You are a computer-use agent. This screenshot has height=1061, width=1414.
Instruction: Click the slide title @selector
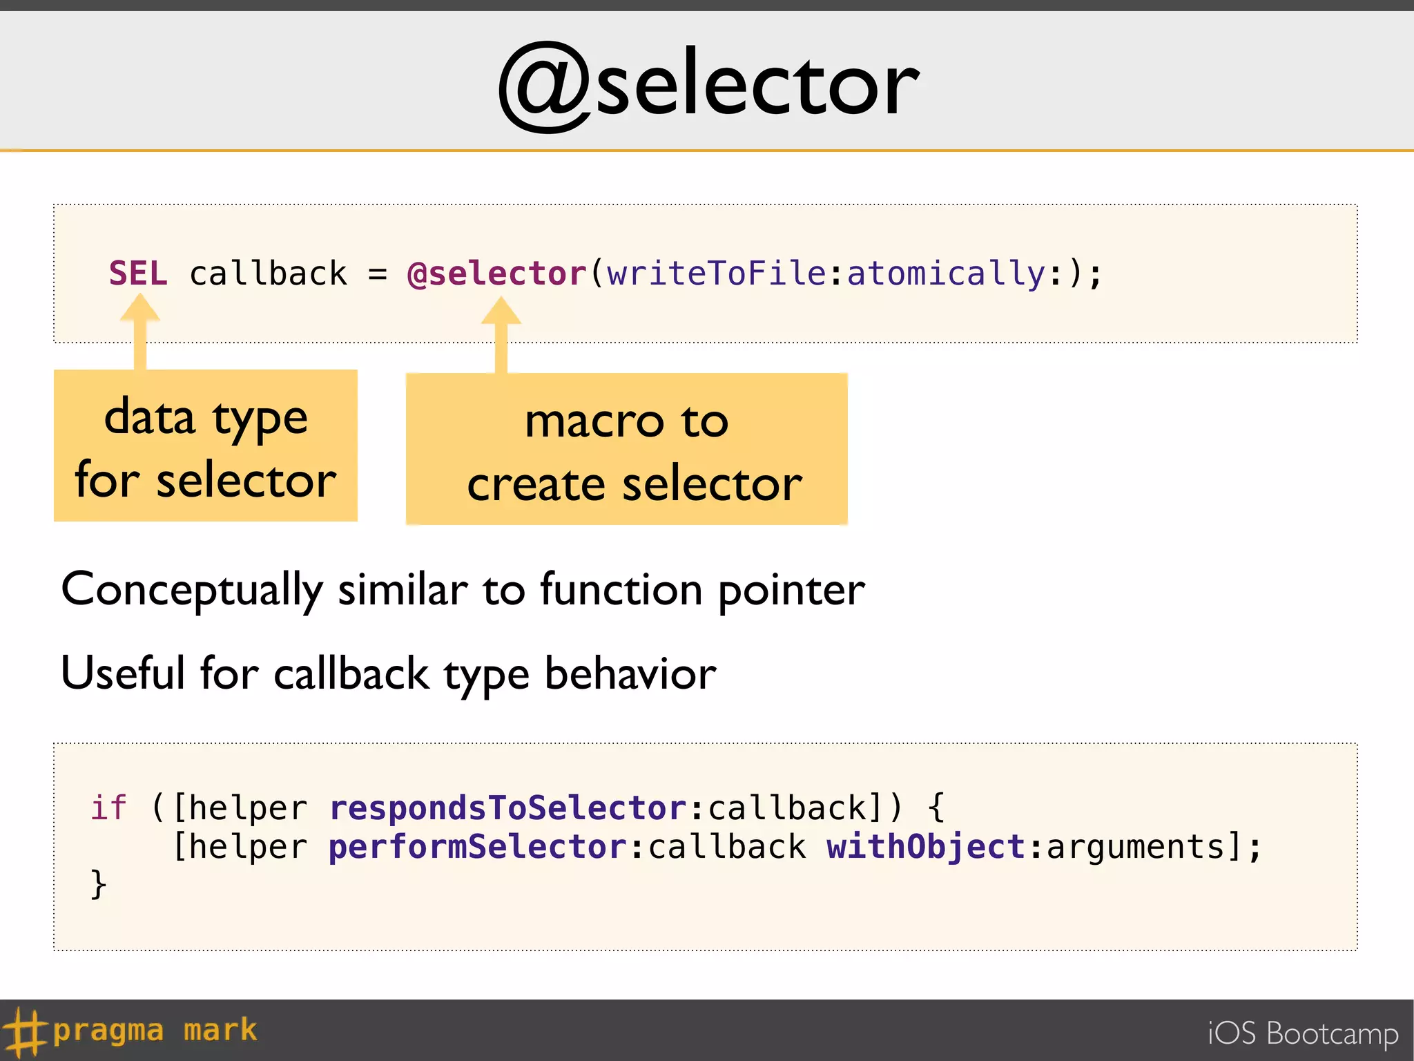(708, 86)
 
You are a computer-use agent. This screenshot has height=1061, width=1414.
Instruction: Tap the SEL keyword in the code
(138, 274)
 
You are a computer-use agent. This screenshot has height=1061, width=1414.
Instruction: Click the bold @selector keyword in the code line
(497, 274)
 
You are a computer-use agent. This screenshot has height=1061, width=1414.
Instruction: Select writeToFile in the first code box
(716, 274)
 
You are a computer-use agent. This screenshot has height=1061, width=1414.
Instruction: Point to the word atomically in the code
(946, 274)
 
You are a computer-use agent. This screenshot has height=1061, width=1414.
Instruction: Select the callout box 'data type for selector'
(206, 446)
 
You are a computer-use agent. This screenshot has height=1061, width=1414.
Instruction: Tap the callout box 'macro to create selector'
(627, 450)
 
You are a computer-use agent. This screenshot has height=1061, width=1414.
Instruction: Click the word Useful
(123, 673)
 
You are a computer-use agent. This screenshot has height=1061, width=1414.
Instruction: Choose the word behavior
(630, 673)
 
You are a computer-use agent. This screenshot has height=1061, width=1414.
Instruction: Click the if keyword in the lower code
(109, 807)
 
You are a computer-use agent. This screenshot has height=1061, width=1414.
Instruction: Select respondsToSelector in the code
(508, 807)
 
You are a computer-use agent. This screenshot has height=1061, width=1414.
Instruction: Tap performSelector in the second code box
(478, 847)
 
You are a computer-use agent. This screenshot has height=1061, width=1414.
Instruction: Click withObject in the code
(926, 847)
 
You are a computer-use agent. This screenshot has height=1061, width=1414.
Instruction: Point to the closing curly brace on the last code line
(99, 885)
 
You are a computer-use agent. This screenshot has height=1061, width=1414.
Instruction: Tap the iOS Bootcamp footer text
(1302, 1033)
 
